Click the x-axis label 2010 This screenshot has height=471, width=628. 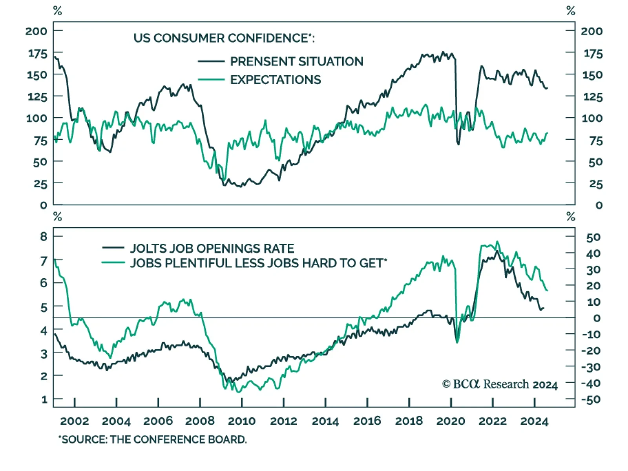pyautogui.click(x=241, y=421)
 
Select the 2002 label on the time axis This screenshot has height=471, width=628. pyautogui.click(x=75, y=421)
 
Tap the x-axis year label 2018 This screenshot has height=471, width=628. pyautogui.click(x=409, y=421)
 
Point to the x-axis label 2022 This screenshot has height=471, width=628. pyautogui.click(x=493, y=421)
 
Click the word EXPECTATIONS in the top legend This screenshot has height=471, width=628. pyautogui.click(x=276, y=80)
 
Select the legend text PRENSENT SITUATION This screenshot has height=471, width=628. pyautogui.click(x=297, y=62)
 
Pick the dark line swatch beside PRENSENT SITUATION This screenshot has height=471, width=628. pyautogui.click(x=211, y=62)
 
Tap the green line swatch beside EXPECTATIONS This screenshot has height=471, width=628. pyautogui.click(x=211, y=80)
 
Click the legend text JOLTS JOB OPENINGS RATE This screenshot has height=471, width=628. pyautogui.click(x=212, y=248)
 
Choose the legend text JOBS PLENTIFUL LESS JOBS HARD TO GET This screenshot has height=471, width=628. pyautogui.click(x=258, y=263)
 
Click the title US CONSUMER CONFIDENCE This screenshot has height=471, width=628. pyautogui.click(x=224, y=38)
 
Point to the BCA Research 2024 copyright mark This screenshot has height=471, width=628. pyautogui.click(x=500, y=384)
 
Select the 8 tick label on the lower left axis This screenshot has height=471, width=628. pyautogui.click(x=44, y=236)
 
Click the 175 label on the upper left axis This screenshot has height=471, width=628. pyautogui.click(x=38, y=53)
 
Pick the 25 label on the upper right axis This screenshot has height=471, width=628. pyautogui.click(x=596, y=184)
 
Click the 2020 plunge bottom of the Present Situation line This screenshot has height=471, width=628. pyautogui.click(x=458, y=144)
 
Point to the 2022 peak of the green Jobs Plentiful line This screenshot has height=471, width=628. pyautogui.click(x=497, y=241)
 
